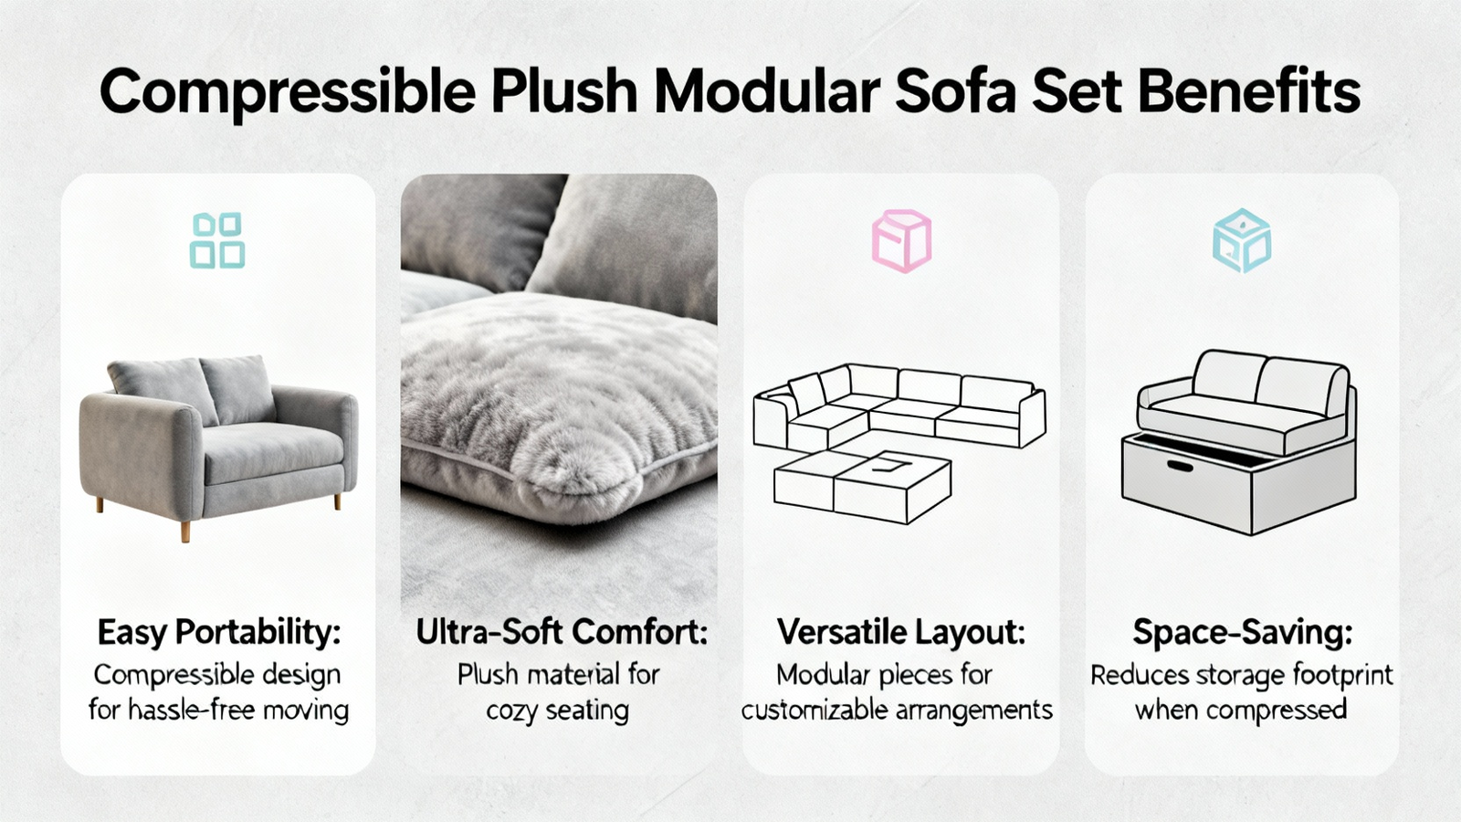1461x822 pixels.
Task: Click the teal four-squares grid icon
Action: click(217, 241)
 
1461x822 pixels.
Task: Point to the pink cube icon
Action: click(902, 241)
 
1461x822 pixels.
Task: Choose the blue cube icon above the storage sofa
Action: click(1242, 241)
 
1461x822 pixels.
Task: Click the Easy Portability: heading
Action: click(219, 633)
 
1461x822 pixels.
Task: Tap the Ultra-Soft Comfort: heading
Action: click(562, 632)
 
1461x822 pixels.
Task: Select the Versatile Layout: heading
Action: click(900, 632)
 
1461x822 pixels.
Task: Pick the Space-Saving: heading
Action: click(1243, 633)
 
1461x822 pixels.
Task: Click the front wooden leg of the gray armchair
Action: click(185, 531)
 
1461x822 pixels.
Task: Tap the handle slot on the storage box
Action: click(1180, 467)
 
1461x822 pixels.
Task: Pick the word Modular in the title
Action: click(767, 91)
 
